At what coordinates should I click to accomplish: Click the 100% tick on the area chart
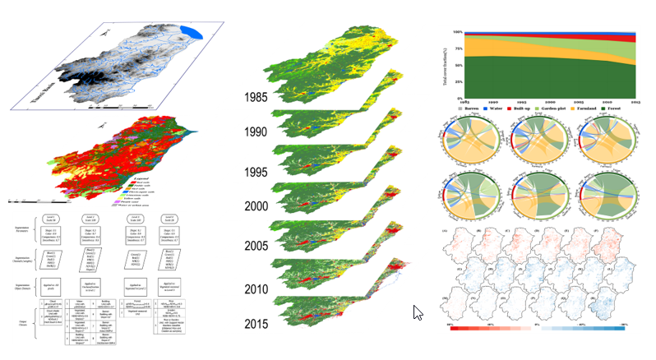click(457, 32)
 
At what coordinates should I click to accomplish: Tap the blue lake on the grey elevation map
click(191, 34)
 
